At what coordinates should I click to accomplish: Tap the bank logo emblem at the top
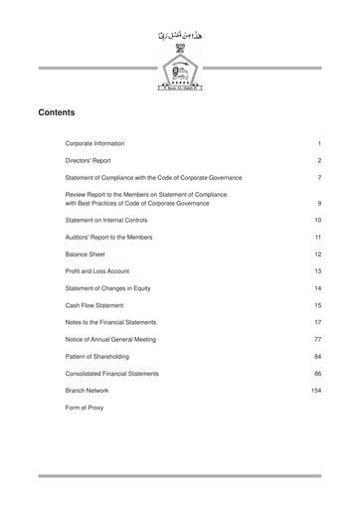pyautogui.click(x=180, y=73)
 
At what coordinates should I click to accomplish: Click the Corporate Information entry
pyautogui.click(x=109, y=144)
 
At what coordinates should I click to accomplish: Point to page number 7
pyautogui.click(x=318, y=178)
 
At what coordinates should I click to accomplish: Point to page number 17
pyautogui.click(x=317, y=322)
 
